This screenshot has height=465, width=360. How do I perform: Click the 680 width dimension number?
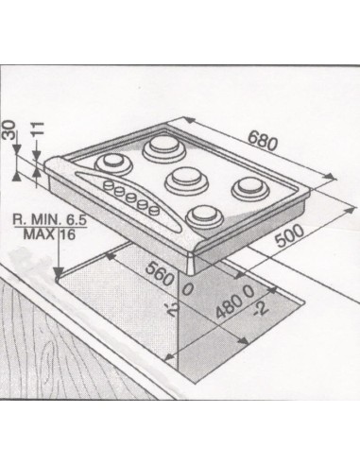(x=263, y=141)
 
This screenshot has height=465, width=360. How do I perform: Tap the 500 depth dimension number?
(x=289, y=235)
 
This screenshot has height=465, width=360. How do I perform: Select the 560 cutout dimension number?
(x=160, y=273)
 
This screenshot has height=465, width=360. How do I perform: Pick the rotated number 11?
(x=38, y=129)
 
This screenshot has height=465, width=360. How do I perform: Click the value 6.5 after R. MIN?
(x=75, y=219)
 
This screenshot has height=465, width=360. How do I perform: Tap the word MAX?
(x=39, y=233)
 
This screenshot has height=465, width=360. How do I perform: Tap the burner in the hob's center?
(x=187, y=180)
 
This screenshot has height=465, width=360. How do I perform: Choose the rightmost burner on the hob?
(x=251, y=188)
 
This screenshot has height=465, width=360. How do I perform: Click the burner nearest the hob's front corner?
(x=205, y=216)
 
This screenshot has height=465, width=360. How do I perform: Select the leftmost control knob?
(x=109, y=185)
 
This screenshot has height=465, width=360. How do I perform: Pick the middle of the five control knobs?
(x=130, y=198)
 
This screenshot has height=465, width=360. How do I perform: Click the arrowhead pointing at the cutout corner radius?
(x=59, y=273)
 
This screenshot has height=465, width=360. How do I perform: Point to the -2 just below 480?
(x=261, y=310)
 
